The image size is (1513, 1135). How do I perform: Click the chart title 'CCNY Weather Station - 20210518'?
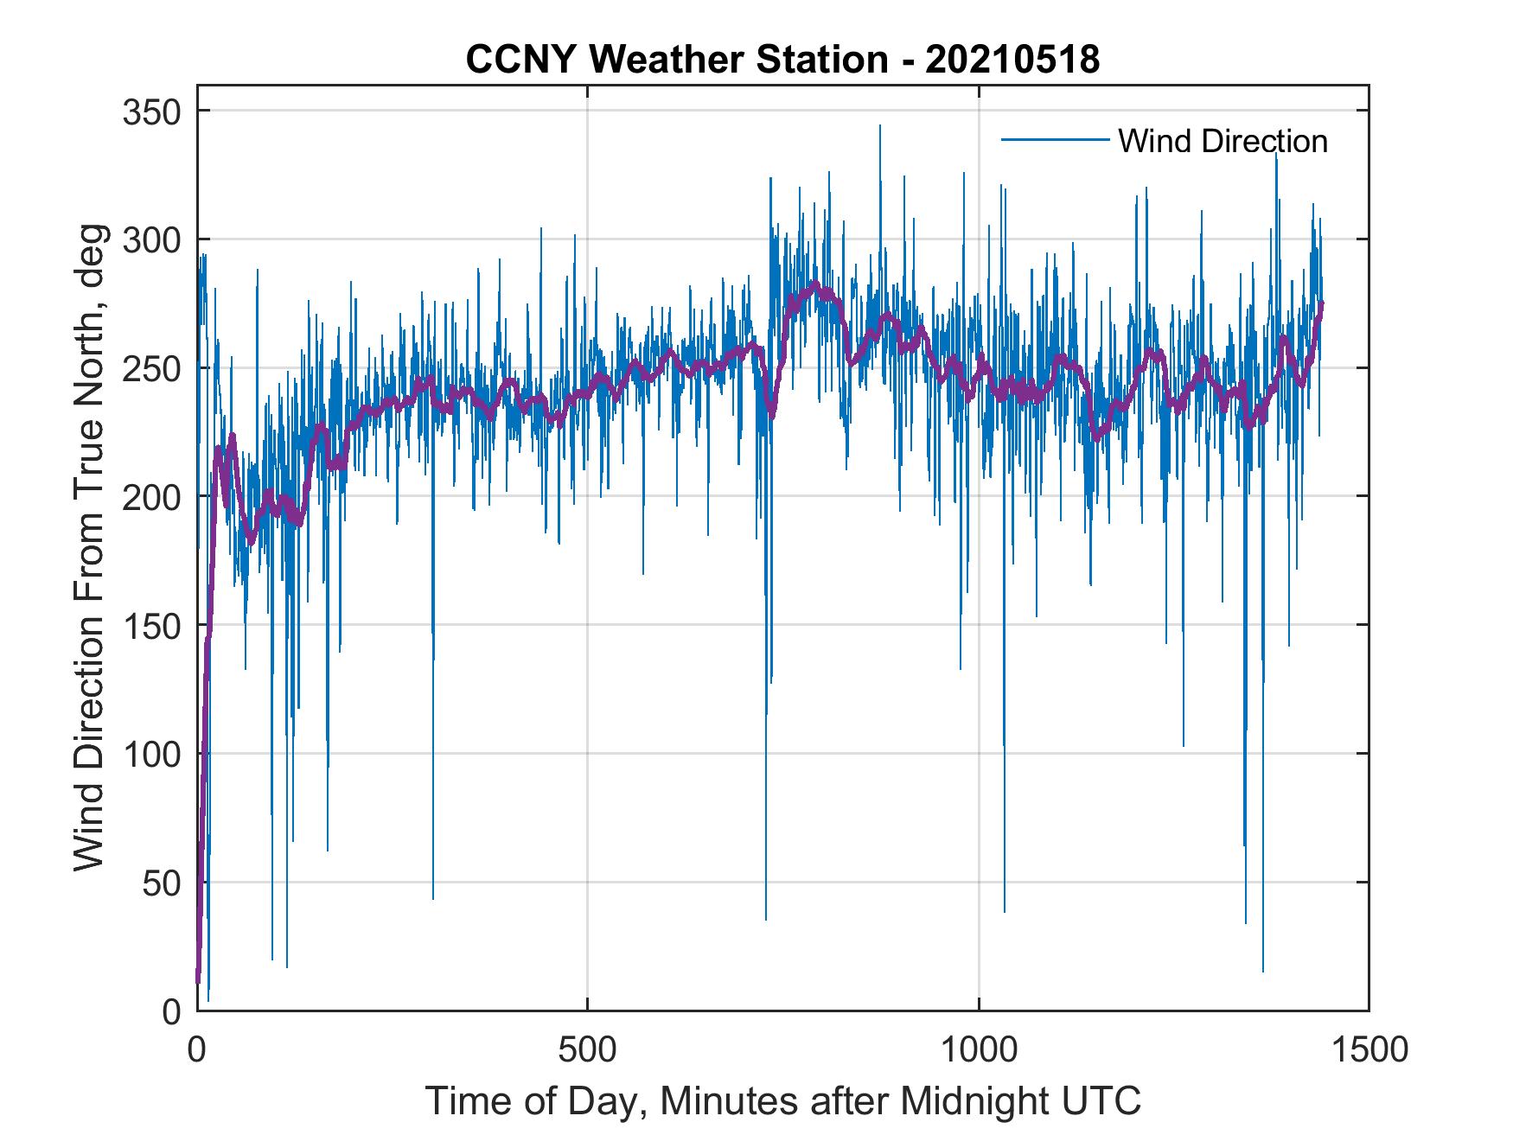(782, 60)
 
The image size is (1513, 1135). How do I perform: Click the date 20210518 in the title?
(1012, 60)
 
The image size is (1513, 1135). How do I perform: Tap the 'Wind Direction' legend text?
(1223, 141)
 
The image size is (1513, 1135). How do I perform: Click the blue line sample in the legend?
(1055, 140)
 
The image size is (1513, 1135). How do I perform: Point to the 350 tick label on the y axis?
(152, 112)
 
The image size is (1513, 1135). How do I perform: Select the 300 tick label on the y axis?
(152, 239)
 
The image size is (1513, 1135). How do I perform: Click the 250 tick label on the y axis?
(152, 368)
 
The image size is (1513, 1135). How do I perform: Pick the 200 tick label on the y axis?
(152, 496)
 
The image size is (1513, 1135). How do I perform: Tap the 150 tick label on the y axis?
(152, 625)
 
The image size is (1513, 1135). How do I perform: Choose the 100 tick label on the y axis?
(152, 754)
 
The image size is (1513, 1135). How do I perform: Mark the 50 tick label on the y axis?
(161, 883)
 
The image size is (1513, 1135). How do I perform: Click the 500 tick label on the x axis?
(588, 1049)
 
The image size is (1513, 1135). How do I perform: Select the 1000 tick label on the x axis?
(979, 1049)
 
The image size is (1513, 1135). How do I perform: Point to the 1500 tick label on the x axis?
(1369, 1049)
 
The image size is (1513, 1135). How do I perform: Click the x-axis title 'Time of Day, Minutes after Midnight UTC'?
(783, 1101)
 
